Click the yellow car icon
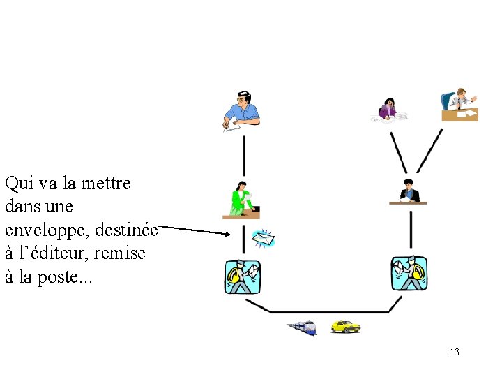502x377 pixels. pyautogui.click(x=345, y=326)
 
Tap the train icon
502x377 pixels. pyautogui.click(x=301, y=327)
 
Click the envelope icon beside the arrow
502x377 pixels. pyautogui.click(x=264, y=239)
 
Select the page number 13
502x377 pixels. pyautogui.click(x=455, y=352)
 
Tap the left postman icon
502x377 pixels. pyautogui.click(x=242, y=276)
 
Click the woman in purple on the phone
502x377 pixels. pyautogui.click(x=387, y=109)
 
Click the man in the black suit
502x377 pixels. pyautogui.click(x=408, y=192)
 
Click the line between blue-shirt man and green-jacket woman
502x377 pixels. pyautogui.click(x=243, y=154)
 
